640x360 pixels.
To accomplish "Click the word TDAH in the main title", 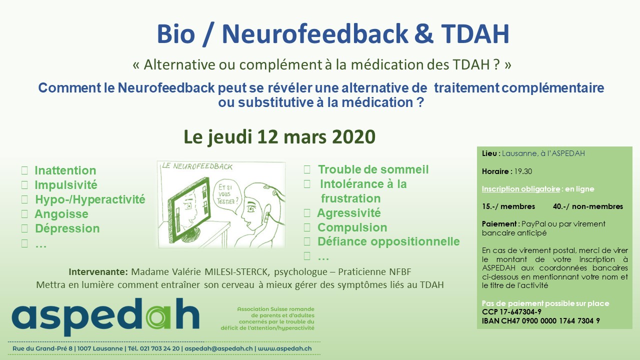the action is pyautogui.click(x=475, y=34).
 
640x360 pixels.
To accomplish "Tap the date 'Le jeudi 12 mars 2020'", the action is pyautogui.click(x=279, y=137).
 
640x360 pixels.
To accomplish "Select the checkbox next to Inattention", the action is pyautogui.click(x=24, y=170).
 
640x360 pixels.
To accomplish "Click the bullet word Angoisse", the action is pyautogui.click(x=61, y=214).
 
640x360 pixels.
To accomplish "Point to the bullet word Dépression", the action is pyautogui.click(x=67, y=228).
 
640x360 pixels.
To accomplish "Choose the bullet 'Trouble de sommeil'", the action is pyautogui.click(x=373, y=169).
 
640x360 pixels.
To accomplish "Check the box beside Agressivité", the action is pyautogui.click(x=307, y=213).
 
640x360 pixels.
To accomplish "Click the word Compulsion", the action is pyautogui.click(x=352, y=227).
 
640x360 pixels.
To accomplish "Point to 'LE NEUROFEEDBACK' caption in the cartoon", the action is pyautogui.click(x=197, y=166).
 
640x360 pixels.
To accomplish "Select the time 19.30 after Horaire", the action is pyautogui.click(x=523, y=171).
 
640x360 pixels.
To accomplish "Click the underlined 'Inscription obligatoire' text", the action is pyautogui.click(x=520, y=189).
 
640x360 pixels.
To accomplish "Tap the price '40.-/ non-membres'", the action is pyautogui.click(x=587, y=206).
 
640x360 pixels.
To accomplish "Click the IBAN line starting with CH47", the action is pyautogui.click(x=540, y=321).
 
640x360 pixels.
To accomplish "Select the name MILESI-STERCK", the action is pyautogui.click(x=237, y=271).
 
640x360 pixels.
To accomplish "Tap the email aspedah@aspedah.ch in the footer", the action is pyautogui.click(x=218, y=348).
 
